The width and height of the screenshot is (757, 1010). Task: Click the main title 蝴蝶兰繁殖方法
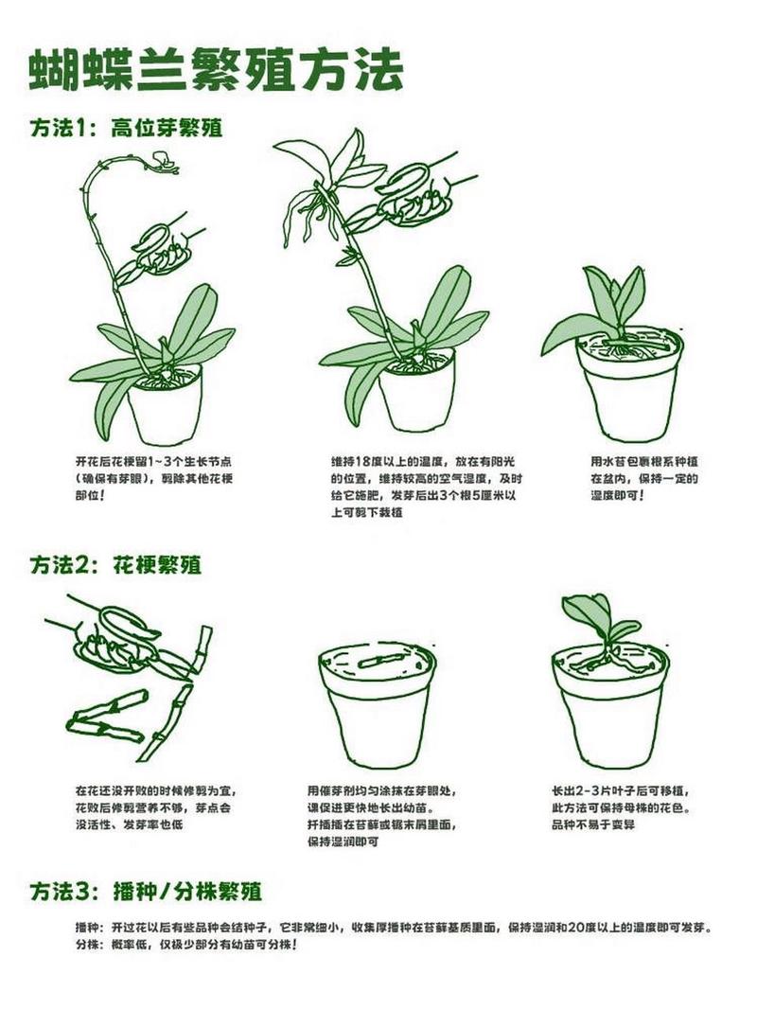pyautogui.click(x=216, y=71)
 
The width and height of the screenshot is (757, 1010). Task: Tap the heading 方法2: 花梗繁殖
pyautogui.click(x=115, y=565)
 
